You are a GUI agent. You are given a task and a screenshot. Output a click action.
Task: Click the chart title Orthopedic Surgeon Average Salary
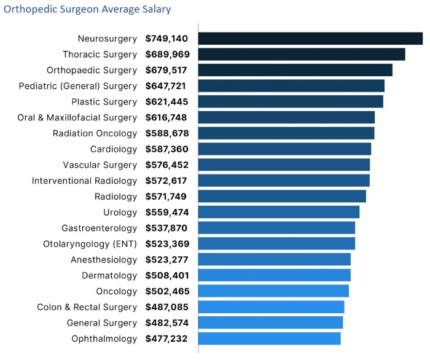click(87, 10)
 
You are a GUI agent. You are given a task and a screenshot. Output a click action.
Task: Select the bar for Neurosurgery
click(310, 39)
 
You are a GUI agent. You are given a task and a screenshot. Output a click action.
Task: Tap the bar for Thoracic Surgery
click(302, 54)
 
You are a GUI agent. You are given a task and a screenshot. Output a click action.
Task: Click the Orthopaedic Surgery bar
click(295, 70)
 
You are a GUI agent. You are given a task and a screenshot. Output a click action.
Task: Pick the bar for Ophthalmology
click(270, 338)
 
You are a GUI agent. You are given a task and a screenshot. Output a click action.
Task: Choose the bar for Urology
click(279, 213)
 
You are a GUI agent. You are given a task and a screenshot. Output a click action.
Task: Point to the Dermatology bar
click(275, 275)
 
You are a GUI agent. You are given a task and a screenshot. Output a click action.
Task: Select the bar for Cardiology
click(285, 149)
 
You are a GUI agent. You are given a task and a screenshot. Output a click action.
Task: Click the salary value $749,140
click(166, 39)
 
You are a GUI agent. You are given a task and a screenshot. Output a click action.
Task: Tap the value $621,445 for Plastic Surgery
click(166, 101)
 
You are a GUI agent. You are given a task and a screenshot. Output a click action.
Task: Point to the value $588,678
click(166, 133)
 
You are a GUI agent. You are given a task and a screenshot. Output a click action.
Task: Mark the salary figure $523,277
click(166, 259)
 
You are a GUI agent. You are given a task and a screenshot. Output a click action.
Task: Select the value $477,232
click(166, 338)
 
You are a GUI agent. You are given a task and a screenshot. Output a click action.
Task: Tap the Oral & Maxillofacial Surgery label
click(77, 117)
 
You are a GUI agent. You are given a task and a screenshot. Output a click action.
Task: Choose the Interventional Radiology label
click(85, 181)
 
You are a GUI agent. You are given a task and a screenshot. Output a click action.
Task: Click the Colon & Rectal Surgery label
click(87, 307)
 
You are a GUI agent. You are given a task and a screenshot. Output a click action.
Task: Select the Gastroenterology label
click(99, 228)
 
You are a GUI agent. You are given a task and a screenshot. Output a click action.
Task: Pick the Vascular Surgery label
click(100, 165)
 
